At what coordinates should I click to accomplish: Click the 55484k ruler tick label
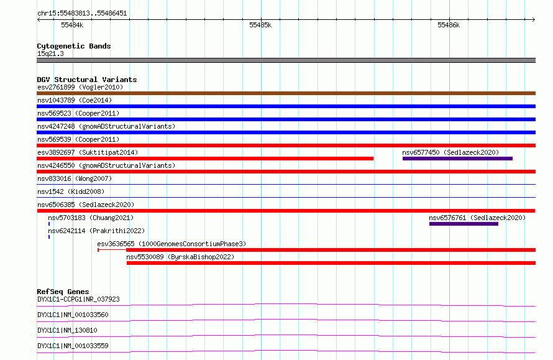click(x=72, y=25)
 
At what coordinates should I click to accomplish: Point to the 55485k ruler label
click(x=260, y=25)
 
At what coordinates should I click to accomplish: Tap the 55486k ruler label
click(x=449, y=25)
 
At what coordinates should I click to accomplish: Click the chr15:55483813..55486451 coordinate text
click(x=82, y=13)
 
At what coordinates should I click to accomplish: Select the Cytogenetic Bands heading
click(x=74, y=46)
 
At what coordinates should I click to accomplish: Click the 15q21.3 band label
click(x=50, y=53)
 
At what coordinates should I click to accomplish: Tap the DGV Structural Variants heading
click(x=87, y=80)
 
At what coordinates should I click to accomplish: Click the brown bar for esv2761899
click(x=286, y=93)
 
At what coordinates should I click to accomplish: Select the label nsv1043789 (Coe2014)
click(x=75, y=100)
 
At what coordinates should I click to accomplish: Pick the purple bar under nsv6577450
click(x=457, y=159)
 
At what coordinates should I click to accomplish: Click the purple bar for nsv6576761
click(x=464, y=224)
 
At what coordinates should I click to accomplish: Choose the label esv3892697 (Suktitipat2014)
click(x=88, y=152)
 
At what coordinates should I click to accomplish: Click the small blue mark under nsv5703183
click(x=49, y=224)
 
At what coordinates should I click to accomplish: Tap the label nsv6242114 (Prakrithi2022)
click(x=96, y=231)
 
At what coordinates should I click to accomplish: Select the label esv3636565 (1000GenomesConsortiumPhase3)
click(x=171, y=244)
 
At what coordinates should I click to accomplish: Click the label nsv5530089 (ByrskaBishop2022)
click(x=180, y=257)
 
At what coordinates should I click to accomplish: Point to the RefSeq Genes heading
click(x=63, y=292)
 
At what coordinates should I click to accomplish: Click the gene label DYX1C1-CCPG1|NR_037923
click(x=78, y=299)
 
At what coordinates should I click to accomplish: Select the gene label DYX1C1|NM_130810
click(x=67, y=330)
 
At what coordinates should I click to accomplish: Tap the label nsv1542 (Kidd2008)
click(x=71, y=192)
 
